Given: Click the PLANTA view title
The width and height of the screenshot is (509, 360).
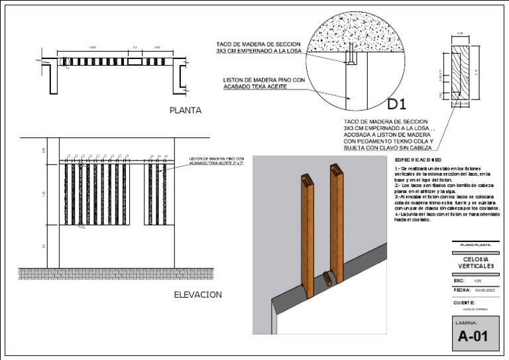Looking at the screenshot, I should click(185, 111).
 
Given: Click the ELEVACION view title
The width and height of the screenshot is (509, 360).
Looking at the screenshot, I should click(198, 294).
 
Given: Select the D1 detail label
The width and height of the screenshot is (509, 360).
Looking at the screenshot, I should click(396, 104).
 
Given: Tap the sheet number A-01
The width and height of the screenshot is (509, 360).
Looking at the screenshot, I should click(473, 336).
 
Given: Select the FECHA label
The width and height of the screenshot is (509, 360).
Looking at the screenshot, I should click(461, 290).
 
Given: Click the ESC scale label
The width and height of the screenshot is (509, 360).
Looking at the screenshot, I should click(459, 280).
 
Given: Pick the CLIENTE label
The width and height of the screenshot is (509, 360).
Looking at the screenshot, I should click(465, 302).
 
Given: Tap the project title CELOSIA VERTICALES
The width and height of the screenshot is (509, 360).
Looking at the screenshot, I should click(476, 263).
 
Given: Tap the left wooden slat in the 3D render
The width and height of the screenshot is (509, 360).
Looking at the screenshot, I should click(308, 231).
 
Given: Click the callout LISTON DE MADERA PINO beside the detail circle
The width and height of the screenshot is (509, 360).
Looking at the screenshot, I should click(264, 84).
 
